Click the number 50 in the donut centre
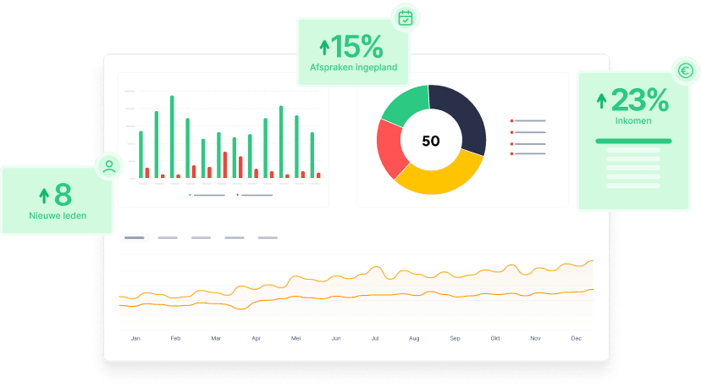(x=430, y=141)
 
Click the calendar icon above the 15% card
(x=406, y=17)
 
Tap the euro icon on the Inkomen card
(x=685, y=73)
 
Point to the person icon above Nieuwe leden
(x=109, y=166)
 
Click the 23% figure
(x=639, y=101)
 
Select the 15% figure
(x=356, y=46)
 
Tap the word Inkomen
(x=633, y=121)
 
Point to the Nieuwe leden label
(x=57, y=215)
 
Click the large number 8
(x=63, y=196)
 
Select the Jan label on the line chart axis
(x=135, y=338)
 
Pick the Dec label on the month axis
(x=576, y=338)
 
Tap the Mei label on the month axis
(x=296, y=338)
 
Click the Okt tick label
(x=495, y=338)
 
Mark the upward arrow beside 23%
(x=602, y=102)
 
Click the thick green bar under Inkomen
(x=633, y=141)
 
